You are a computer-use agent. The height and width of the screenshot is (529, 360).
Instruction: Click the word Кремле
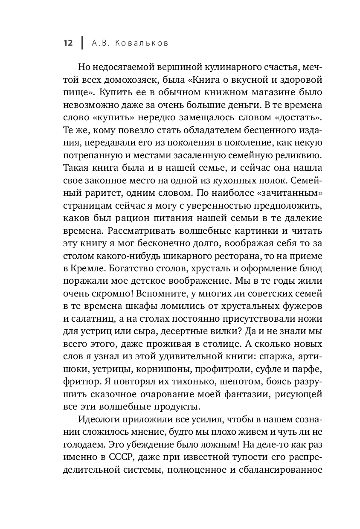84,270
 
